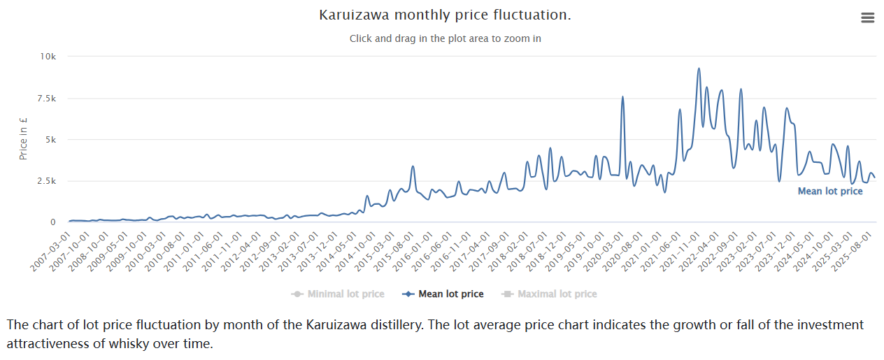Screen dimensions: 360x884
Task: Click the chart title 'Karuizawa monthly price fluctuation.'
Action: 445,15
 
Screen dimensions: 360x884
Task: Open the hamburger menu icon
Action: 867,18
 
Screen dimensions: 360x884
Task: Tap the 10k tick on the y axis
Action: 47,57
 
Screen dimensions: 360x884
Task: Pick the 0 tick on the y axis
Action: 52,222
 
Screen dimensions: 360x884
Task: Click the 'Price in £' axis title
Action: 24,138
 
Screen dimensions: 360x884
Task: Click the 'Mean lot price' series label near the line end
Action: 830,192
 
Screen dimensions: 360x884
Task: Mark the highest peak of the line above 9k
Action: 699,69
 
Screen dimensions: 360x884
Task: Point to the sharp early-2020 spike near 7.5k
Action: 622,97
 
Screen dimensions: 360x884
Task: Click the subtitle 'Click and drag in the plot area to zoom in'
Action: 445,38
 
